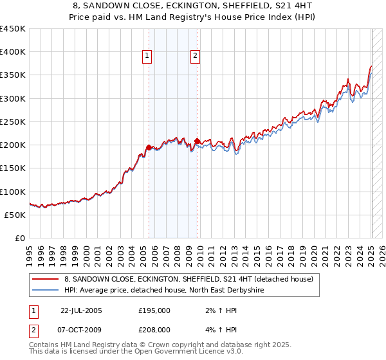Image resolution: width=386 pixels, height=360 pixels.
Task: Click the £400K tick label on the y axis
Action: pyautogui.click(x=13, y=52)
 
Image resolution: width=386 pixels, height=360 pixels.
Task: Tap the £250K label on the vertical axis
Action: pyautogui.click(x=13, y=122)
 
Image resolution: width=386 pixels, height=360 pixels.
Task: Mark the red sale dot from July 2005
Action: pyautogui.click(x=149, y=147)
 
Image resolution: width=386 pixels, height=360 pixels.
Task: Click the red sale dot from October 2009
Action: pyautogui.click(x=197, y=141)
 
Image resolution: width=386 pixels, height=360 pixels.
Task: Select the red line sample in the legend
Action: pyautogui.click(x=46, y=279)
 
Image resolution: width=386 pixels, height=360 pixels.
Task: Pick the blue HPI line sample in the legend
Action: pyautogui.click(x=46, y=290)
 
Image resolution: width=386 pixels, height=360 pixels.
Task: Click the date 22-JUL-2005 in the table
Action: pyautogui.click(x=82, y=310)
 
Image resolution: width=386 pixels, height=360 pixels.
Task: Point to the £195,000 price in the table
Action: pyautogui.click(x=154, y=310)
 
